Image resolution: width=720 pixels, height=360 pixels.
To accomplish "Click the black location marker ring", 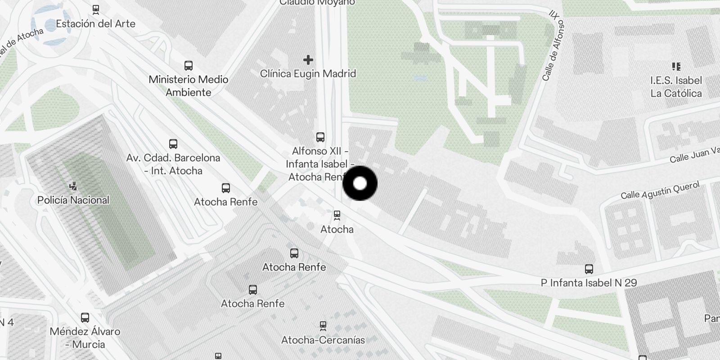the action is [x=360, y=183].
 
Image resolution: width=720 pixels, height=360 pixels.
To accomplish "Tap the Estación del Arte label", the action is [x=95, y=24].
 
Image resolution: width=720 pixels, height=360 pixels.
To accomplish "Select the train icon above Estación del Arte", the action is [x=95, y=9].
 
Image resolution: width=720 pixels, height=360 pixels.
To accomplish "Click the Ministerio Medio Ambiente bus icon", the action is [x=189, y=66].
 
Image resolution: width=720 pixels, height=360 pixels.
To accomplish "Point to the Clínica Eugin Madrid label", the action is [x=308, y=73].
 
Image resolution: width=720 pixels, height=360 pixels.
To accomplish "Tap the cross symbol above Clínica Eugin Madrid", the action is [x=308, y=59].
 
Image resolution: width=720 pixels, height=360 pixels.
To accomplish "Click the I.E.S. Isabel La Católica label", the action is [x=676, y=87].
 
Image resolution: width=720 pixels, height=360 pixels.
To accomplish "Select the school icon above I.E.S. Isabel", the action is [x=676, y=67].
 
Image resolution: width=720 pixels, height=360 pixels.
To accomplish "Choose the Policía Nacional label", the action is [x=73, y=200].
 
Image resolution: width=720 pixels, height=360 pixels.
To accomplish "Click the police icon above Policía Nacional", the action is [x=73, y=185].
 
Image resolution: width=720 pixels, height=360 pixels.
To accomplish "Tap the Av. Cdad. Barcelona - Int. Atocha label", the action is [x=173, y=164].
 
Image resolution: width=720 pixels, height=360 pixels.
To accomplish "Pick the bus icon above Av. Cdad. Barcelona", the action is [x=173, y=144].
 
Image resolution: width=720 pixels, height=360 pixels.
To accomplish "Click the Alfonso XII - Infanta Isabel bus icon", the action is [x=320, y=137].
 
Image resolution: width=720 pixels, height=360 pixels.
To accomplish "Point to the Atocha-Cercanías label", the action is [x=323, y=340].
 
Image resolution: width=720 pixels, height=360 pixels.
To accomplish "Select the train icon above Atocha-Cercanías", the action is [x=323, y=325].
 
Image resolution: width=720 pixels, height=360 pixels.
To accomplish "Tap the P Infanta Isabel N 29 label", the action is [x=589, y=283].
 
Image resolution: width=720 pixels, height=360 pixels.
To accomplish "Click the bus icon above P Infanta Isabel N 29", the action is [x=589, y=269].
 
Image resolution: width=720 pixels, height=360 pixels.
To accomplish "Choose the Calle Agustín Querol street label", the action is [x=660, y=190].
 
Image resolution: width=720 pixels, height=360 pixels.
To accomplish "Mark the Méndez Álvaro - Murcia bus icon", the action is [x=85, y=318].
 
